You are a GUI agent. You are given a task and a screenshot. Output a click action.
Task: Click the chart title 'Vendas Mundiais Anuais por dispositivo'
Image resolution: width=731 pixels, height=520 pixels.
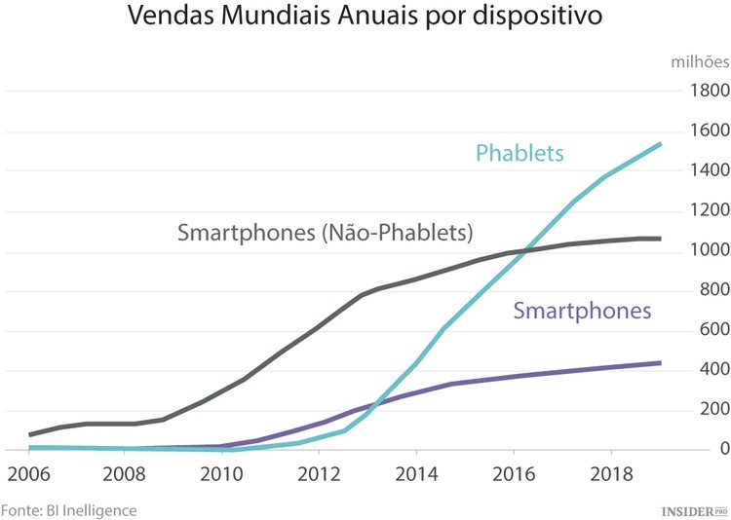point(365,19)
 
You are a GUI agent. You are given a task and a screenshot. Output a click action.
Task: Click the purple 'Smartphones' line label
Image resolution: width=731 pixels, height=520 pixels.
point(581,312)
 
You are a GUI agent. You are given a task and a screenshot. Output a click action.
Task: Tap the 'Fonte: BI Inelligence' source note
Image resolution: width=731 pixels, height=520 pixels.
point(68,509)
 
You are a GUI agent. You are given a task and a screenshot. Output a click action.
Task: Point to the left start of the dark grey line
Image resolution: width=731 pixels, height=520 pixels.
point(30,434)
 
